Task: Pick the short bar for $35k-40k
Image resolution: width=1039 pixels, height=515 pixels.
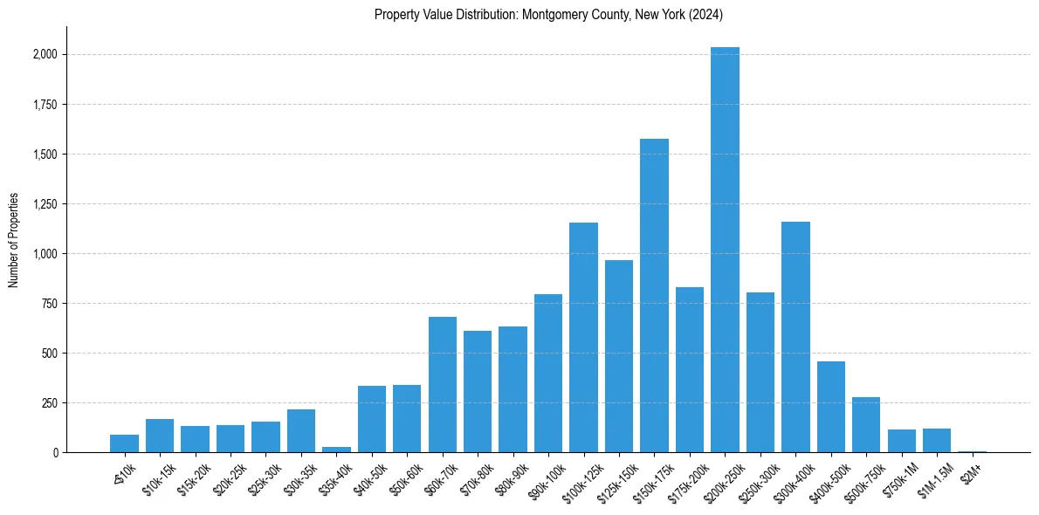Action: (x=336, y=450)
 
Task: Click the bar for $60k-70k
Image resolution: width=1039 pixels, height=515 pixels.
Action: (x=443, y=384)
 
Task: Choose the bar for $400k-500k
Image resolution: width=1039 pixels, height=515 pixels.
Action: (x=830, y=407)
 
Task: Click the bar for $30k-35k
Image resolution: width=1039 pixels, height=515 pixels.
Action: (x=301, y=430)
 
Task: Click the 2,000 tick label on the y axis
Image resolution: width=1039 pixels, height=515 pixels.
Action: (x=45, y=54)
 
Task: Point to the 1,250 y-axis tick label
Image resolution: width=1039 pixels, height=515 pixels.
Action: (x=45, y=204)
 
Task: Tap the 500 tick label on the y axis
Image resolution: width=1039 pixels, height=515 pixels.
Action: (x=51, y=354)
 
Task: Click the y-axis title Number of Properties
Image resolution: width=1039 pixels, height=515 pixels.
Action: (x=14, y=239)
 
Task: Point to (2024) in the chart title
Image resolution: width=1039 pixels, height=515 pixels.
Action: (x=705, y=15)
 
